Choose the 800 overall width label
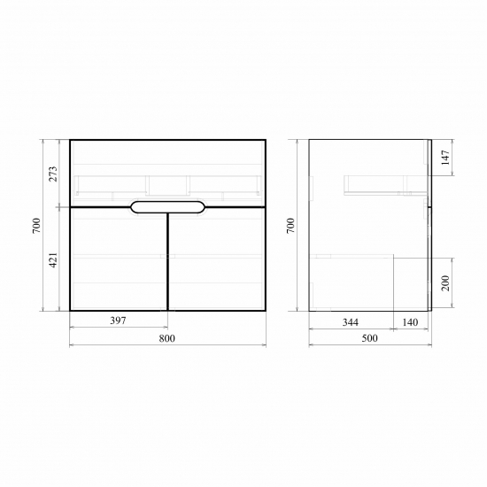click(166, 338)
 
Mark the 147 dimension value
click(445, 158)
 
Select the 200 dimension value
click(445, 283)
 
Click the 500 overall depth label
click(369, 338)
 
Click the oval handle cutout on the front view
click(167, 207)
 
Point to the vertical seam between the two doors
click(167, 266)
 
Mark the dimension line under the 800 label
click(166, 345)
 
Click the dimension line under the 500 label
click(369, 345)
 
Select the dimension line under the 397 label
click(118, 328)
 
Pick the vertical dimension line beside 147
click(453, 158)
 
